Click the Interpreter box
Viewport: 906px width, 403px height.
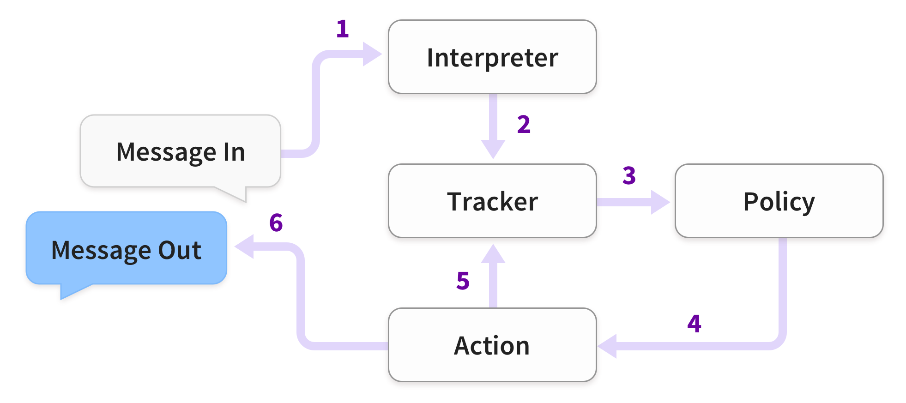tap(492, 57)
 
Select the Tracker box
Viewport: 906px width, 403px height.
tap(492, 201)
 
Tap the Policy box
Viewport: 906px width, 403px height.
tap(779, 201)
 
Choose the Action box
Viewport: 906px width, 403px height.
tap(492, 345)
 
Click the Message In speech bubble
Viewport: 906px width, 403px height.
tap(181, 151)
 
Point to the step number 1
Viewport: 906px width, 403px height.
tap(342, 29)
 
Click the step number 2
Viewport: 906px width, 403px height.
tap(524, 124)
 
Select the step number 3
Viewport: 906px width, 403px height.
tap(629, 175)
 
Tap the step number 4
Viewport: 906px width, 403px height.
tap(694, 324)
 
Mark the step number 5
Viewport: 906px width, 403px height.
tap(463, 281)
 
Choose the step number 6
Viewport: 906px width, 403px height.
tap(276, 223)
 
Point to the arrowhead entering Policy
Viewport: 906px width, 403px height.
tap(660, 202)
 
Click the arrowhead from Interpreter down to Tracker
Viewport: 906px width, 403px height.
tap(493, 149)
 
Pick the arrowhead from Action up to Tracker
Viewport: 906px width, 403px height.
tap(493, 254)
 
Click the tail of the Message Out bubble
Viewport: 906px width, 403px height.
tap(69, 291)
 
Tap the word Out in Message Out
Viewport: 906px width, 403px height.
tap(180, 250)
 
